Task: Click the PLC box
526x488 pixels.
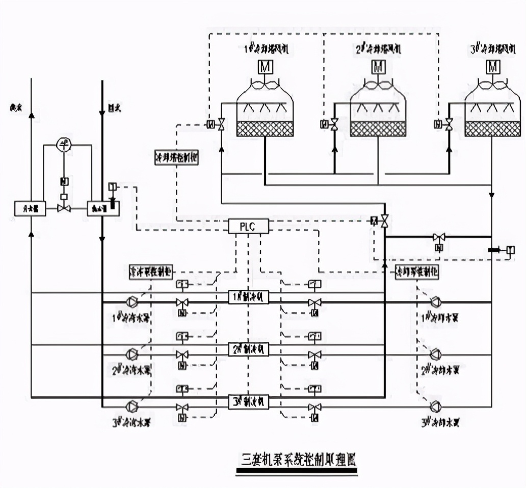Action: (x=248, y=226)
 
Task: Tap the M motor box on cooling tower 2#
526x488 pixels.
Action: (x=378, y=66)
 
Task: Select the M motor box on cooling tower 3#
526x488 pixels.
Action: (x=492, y=66)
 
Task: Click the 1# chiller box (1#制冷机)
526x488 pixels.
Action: (x=248, y=297)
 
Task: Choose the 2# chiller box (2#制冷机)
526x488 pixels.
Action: (x=248, y=349)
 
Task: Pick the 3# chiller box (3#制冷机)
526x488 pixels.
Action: (x=248, y=401)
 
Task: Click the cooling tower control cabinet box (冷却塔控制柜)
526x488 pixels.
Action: (x=176, y=157)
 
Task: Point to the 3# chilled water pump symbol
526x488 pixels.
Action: (x=132, y=406)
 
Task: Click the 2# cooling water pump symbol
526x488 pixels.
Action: (x=436, y=354)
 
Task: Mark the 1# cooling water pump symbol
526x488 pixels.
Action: (x=436, y=302)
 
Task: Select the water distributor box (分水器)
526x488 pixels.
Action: (x=30, y=208)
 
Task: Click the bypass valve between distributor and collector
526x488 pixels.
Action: (x=64, y=208)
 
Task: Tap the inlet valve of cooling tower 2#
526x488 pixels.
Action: (x=334, y=124)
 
